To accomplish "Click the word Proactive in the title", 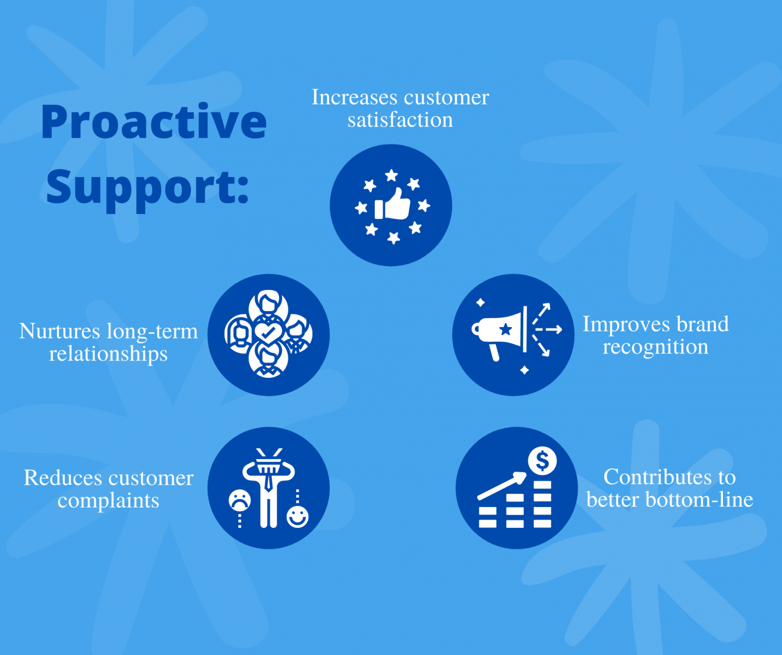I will pyautogui.click(x=154, y=122).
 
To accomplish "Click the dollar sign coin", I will pyautogui.click(x=542, y=461).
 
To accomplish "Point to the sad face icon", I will pyautogui.click(x=239, y=500).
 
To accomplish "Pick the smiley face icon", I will pyautogui.click(x=297, y=517).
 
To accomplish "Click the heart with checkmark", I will pyautogui.click(x=268, y=334).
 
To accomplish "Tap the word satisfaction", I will pyautogui.click(x=400, y=120).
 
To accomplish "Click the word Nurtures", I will pyautogui.click(x=60, y=331).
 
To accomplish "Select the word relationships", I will pyautogui.click(x=108, y=354).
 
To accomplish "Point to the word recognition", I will pyautogui.click(x=655, y=347).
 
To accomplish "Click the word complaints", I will pyautogui.click(x=108, y=500).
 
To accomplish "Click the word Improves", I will pyautogui.click(x=626, y=324).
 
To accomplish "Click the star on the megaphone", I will pyautogui.click(x=506, y=330).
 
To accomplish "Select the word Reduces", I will pyautogui.click(x=63, y=478).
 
